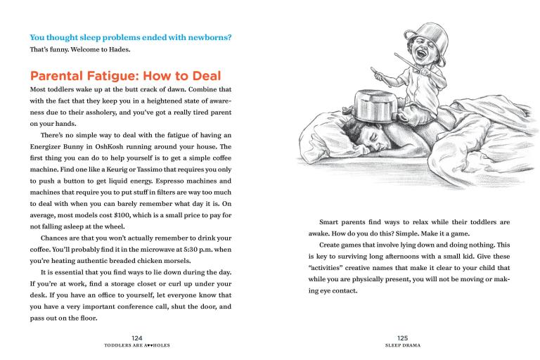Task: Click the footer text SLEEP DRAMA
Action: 402,347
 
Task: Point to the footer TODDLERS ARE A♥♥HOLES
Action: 137,347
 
